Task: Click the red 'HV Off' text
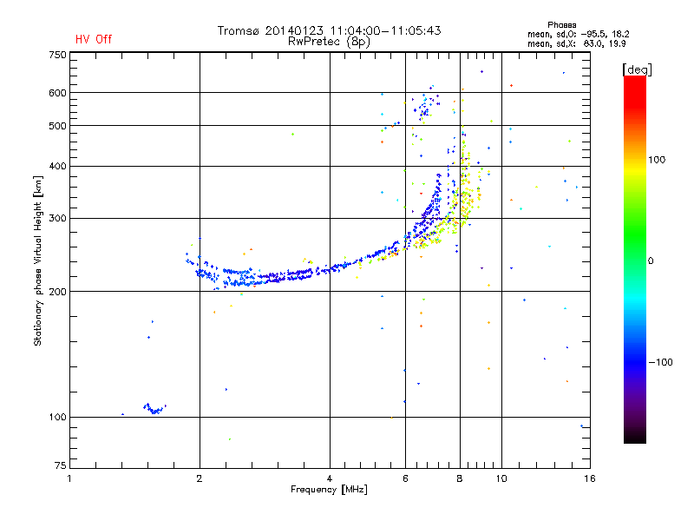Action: pyautogui.click(x=94, y=39)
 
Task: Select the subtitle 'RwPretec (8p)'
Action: pyautogui.click(x=329, y=42)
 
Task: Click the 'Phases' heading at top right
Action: pyautogui.click(x=561, y=25)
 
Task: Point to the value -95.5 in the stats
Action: pyautogui.click(x=593, y=34)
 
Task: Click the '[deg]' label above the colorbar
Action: pyautogui.click(x=637, y=69)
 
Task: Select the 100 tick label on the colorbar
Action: pyautogui.click(x=657, y=160)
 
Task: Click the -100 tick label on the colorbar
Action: pyautogui.click(x=660, y=362)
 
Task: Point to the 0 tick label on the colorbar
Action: pyautogui.click(x=651, y=260)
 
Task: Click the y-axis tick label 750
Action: pyautogui.click(x=57, y=55)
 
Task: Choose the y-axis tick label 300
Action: pyautogui.click(x=57, y=218)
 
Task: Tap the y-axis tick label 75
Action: pyautogui.click(x=60, y=465)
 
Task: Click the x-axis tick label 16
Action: pyautogui.click(x=590, y=478)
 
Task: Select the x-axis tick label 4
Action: pyautogui.click(x=330, y=478)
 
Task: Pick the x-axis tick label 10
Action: pyautogui.click(x=501, y=478)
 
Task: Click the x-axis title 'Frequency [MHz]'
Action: pyautogui.click(x=329, y=490)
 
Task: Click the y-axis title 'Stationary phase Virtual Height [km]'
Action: pyautogui.click(x=38, y=260)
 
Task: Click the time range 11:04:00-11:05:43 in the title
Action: pyautogui.click(x=385, y=30)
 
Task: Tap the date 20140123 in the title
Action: pyautogui.click(x=294, y=30)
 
